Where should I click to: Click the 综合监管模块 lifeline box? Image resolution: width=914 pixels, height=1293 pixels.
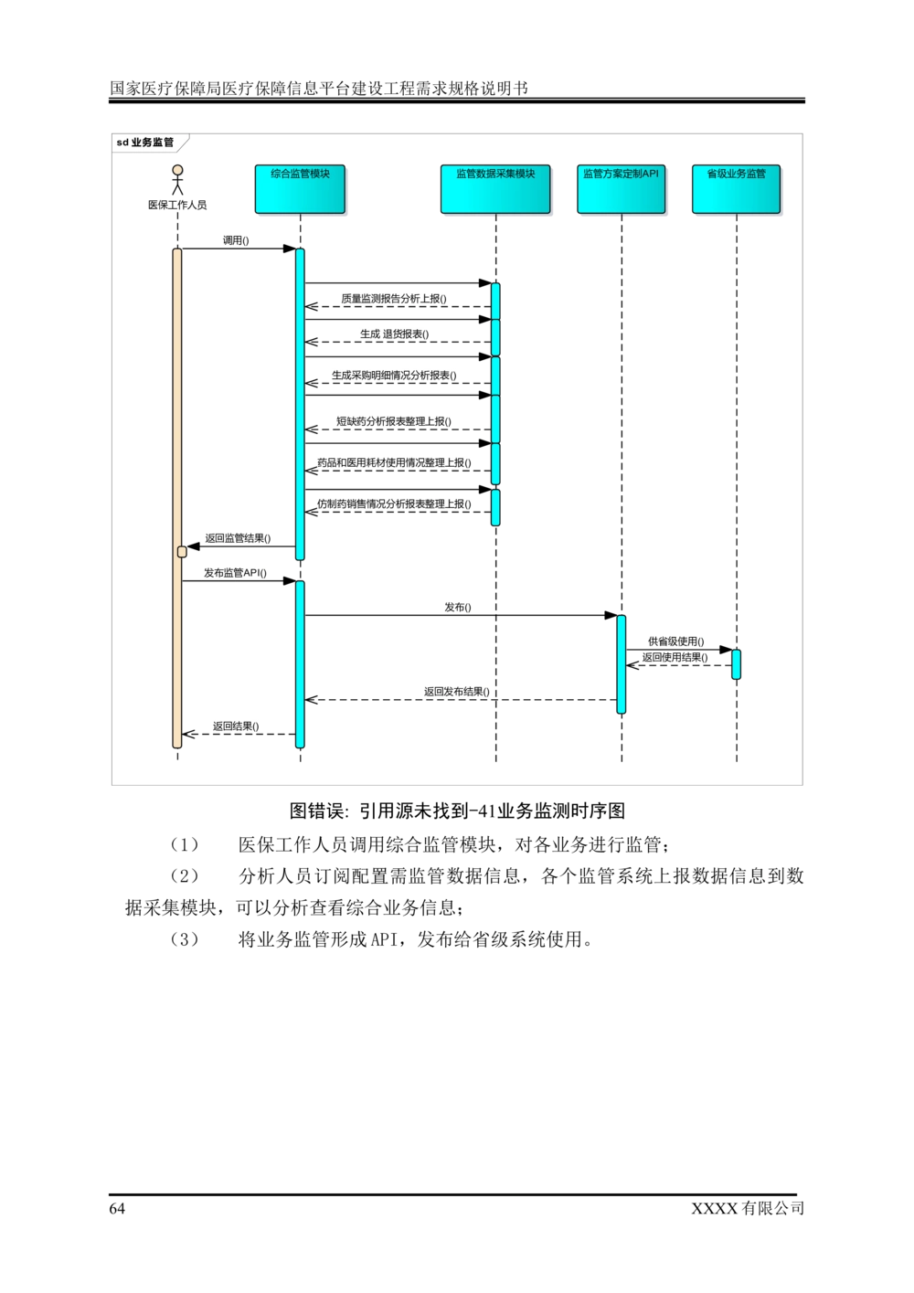point(301,189)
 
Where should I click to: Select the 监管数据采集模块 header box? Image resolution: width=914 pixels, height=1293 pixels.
point(495,189)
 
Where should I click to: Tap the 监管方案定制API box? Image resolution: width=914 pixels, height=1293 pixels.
point(621,189)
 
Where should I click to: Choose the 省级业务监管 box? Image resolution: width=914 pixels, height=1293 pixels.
point(737,189)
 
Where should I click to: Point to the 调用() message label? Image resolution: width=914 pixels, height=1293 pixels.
point(236,241)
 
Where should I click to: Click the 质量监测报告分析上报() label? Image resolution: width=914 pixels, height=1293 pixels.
point(395,299)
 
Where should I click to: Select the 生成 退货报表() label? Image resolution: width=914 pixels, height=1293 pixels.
point(394,334)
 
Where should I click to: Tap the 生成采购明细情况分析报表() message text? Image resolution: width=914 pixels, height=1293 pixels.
point(394,376)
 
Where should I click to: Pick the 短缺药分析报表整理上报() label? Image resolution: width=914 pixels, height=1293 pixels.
point(394,422)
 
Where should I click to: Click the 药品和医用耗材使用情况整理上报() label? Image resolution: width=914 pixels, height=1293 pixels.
point(395,463)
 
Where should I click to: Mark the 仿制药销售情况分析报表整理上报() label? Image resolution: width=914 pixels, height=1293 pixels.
point(395,504)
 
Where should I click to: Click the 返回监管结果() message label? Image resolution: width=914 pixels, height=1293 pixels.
point(237,539)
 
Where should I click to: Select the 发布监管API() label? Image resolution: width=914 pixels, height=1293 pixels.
point(236,574)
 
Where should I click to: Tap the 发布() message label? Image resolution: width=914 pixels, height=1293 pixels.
point(458,608)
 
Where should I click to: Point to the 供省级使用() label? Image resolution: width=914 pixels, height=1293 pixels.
point(676,641)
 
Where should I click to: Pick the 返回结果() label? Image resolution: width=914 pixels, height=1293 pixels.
point(237,726)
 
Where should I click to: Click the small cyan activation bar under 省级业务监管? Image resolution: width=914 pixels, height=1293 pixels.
point(737,664)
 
